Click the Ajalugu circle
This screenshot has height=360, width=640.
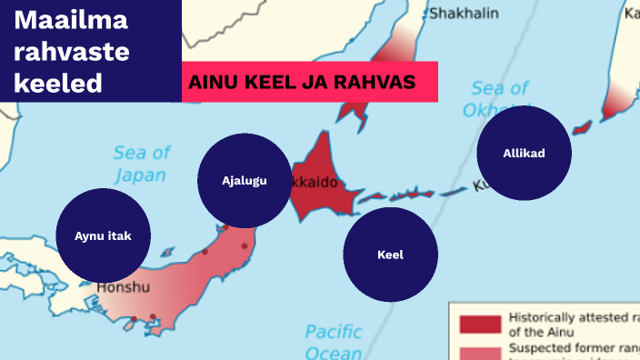click(x=245, y=180)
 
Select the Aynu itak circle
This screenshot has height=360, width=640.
click(x=104, y=235)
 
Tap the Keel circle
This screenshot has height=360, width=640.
click(x=390, y=255)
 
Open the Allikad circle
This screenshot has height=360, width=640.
click(x=524, y=153)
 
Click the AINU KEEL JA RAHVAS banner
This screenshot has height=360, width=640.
click(x=309, y=82)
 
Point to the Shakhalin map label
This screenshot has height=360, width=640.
click(x=464, y=13)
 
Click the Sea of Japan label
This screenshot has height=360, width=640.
click(x=142, y=164)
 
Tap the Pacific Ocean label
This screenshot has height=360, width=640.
click(x=333, y=341)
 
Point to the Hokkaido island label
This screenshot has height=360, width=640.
click(x=317, y=183)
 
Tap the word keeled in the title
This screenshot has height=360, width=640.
click(x=58, y=84)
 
